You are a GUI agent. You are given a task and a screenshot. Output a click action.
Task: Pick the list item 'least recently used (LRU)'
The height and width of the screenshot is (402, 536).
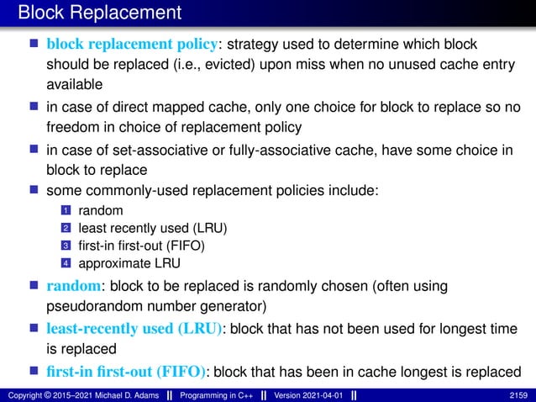(153, 227)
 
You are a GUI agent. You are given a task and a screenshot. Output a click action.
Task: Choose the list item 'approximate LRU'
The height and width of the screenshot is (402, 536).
(124, 263)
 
